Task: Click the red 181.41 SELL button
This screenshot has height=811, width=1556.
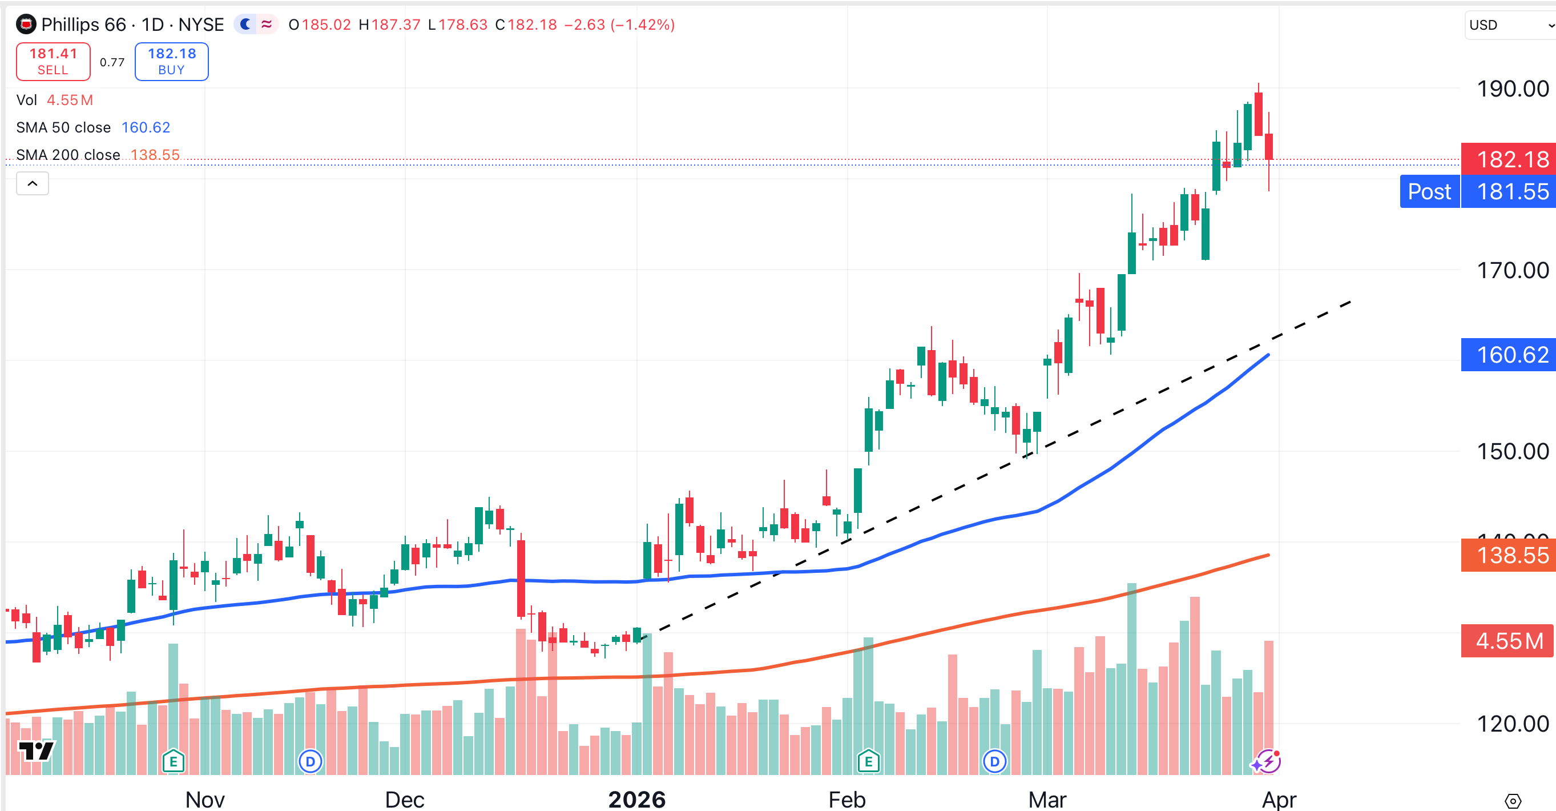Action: (53, 62)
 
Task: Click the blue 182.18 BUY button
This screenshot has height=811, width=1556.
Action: (172, 62)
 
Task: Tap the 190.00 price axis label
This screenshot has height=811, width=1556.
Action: (1512, 89)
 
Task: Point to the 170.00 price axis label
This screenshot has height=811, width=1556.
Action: (1512, 270)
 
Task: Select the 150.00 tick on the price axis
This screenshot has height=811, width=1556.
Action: (1512, 451)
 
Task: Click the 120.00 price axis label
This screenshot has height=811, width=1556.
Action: (1512, 724)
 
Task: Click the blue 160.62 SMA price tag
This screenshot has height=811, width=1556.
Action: (1508, 355)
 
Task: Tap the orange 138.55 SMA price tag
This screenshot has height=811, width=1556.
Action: (1508, 555)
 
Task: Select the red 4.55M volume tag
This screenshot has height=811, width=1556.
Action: (1508, 641)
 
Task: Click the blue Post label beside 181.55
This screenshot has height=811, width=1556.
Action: (1429, 191)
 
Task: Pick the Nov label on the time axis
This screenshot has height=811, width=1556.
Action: (205, 799)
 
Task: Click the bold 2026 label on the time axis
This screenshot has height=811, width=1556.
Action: (636, 799)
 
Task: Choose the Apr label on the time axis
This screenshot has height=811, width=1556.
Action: (1279, 799)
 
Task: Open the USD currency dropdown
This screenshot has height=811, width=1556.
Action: (1510, 25)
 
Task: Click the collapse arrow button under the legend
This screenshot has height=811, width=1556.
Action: (33, 183)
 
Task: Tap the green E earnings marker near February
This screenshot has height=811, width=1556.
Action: (868, 761)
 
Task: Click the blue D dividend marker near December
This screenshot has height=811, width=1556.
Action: (311, 761)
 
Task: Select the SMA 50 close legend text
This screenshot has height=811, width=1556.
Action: (63, 127)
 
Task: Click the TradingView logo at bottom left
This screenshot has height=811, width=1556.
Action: (35, 750)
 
